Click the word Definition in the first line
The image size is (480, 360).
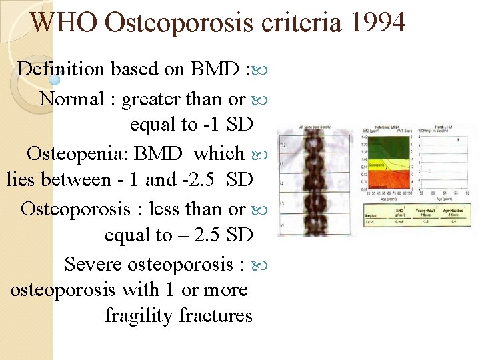tap(61, 69)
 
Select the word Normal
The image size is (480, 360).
tap(72, 99)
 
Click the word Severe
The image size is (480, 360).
tap(93, 264)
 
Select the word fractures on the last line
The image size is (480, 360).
tap(216, 315)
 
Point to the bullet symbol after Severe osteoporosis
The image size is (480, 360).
tap(260, 265)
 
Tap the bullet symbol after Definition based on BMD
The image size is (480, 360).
tap(260, 69)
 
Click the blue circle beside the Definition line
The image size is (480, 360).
tap(55, 79)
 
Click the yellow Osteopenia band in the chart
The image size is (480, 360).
tap(387, 163)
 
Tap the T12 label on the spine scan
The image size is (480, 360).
tap(283, 144)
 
